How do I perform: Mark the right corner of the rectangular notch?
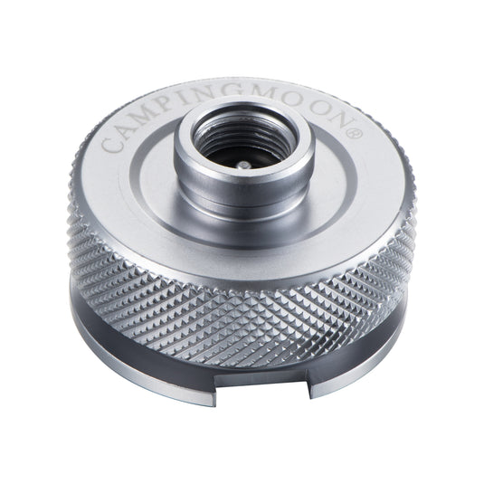(313, 380)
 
